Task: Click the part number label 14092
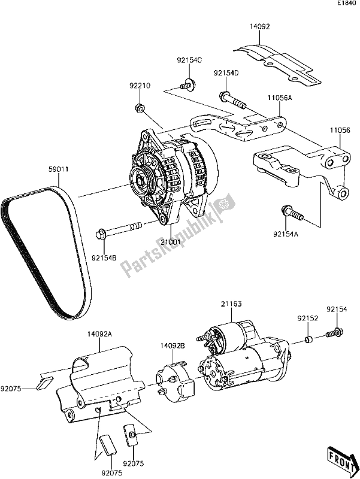[261, 26]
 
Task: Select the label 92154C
[189, 60]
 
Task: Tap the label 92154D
[226, 73]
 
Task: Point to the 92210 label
[138, 86]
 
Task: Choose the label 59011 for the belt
[58, 169]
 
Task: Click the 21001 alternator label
[170, 242]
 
